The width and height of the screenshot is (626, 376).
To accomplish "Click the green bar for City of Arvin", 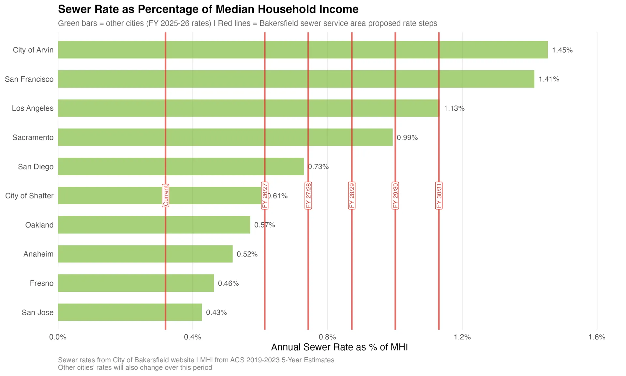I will [x=303, y=50].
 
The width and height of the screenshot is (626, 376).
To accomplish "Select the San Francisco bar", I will [x=296, y=79].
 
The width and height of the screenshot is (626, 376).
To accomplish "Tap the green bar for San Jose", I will [x=130, y=312].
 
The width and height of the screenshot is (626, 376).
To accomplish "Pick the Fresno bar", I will [x=136, y=283].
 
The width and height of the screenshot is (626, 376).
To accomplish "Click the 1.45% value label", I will [x=562, y=50].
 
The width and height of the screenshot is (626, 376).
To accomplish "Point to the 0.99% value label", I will [x=407, y=137].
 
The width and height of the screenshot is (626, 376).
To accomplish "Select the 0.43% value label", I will [x=216, y=312].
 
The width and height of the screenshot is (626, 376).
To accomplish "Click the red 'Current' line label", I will [x=166, y=196].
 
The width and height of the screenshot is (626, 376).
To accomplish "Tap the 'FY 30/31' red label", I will [x=439, y=196].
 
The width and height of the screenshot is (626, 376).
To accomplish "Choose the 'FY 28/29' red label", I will [x=352, y=196].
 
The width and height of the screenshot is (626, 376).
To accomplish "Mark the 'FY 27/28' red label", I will [x=308, y=196].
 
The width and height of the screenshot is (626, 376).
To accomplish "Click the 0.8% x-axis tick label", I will [x=327, y=337].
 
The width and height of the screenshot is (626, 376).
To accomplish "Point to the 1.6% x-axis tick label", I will [x=597, y=337].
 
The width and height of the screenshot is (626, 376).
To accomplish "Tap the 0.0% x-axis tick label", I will [x=58, y=337].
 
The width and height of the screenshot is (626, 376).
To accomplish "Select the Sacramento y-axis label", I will [x=33, y=137].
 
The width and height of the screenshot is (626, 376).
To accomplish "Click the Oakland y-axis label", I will [x=39, y=225].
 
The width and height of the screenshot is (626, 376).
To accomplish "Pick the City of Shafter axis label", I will [x=29, y=196].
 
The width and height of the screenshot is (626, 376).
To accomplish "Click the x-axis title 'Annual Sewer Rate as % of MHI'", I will [x=339, y=347].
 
